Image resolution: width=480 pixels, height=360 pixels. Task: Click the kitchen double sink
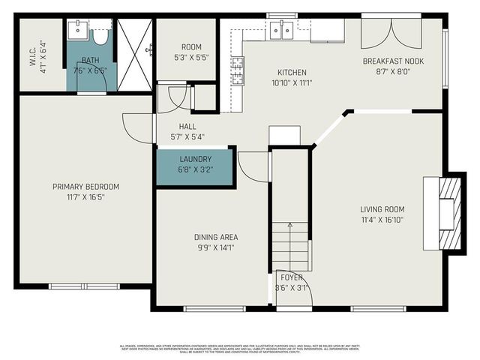point(281,30)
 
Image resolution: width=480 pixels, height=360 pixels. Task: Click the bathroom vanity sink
point(78,31)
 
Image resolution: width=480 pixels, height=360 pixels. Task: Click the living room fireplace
point(446,214)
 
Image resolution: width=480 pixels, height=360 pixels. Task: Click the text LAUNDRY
point(195,159)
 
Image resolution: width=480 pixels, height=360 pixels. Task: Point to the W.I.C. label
point(33,55)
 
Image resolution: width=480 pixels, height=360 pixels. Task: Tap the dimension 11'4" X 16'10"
point(382,220)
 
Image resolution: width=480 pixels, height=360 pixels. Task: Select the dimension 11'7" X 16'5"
point(85,197)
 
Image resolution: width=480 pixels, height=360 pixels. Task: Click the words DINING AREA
point(216,237)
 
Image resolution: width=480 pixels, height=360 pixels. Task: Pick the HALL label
point(187,126)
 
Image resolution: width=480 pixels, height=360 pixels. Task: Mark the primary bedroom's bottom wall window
point(84,286)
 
